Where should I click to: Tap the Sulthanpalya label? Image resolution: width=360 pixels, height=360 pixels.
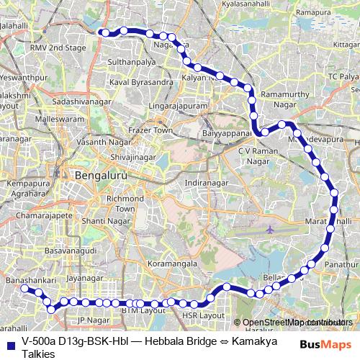pos(132,63)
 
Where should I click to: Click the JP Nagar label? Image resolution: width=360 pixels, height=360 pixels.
pos(92,319)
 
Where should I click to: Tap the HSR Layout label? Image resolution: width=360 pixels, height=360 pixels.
pos(204,315)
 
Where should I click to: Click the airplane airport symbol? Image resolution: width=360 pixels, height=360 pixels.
pos(270,230)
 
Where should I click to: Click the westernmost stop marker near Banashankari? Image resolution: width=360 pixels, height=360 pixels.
pos(23,288)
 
